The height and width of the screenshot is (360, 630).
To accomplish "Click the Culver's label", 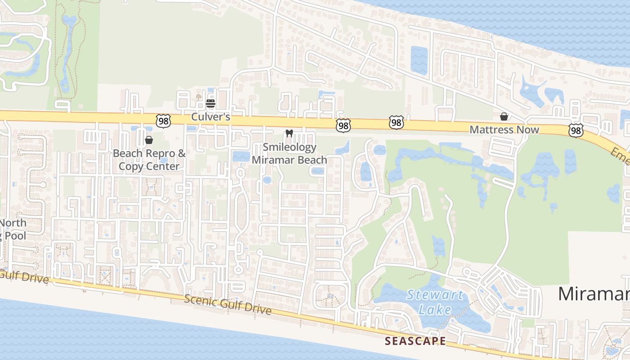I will click(x=211, y=117).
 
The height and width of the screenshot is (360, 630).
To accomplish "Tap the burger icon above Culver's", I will click(x=210, y=103).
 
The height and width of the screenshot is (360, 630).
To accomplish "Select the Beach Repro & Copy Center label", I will click(x=149, y=160).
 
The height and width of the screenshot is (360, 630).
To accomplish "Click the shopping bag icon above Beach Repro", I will click(x=149, y=140).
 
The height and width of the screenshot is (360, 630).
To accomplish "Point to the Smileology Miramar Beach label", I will click(x=289, y=153).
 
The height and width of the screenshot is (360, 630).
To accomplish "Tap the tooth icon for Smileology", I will click(x=289, y=134).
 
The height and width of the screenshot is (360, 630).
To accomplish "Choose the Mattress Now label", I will click(x=504, y=130).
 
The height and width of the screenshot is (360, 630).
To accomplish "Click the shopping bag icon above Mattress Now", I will click(x=504, y=117).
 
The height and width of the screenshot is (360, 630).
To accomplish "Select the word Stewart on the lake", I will click(x=435, y=295).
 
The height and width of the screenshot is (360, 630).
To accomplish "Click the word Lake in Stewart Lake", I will click(x=435, y=310).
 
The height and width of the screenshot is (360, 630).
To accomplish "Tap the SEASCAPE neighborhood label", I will click(x=415, y=341).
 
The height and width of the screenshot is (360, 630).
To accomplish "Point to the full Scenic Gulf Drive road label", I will click(x=228, y=305).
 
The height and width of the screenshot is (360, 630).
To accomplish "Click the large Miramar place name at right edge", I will click(x=594, y=294).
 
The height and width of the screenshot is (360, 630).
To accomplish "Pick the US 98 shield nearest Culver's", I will click(x=164, y=120).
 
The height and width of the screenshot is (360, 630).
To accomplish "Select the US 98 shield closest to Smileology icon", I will click(x=343, y=126).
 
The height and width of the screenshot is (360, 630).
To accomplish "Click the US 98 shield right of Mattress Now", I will click(x=576, y=130).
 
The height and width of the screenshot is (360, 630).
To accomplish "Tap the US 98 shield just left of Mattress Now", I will click(x=396, y=122).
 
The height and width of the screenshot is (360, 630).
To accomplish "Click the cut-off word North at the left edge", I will click(x=13, y=223).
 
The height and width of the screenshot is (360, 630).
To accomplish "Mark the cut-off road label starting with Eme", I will click(x=620, y=156).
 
